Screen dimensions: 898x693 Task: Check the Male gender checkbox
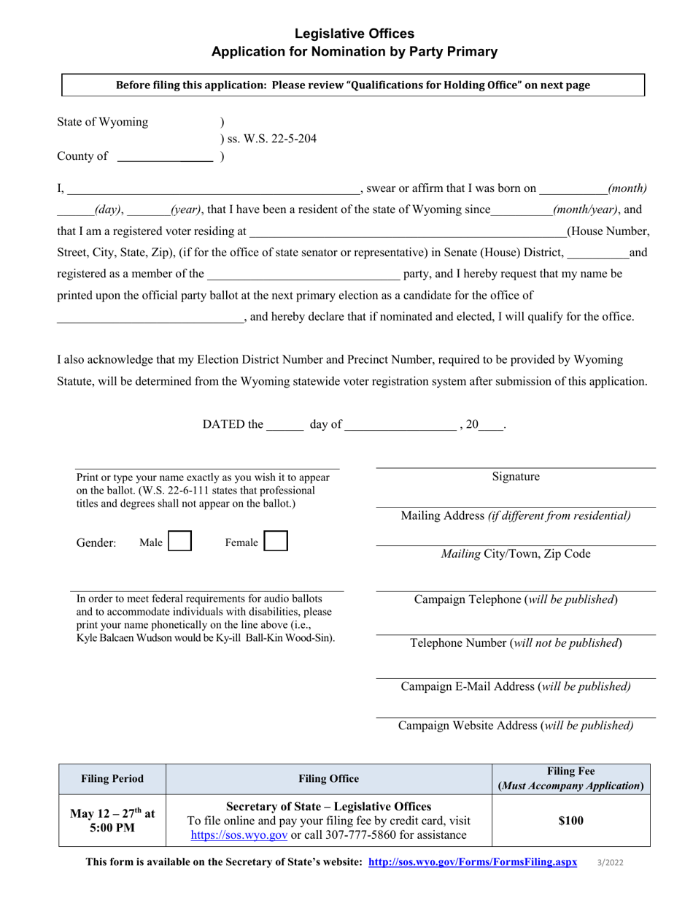coord(179,541)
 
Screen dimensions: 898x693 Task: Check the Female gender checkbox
coord(275,541)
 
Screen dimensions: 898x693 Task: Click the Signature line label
coord(516,477)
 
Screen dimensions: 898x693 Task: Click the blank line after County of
coord(165,156)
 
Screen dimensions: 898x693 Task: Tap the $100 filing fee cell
coord(570,821)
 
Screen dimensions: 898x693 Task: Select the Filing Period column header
coord(112,779)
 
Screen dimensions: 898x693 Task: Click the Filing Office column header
coord(329,779)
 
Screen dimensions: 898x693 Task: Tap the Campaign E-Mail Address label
coord(516,686)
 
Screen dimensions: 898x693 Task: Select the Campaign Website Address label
coord(516,726)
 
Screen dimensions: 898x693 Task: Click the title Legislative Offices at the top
coord(354,34)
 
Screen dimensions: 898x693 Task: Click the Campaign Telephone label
coord(516,599)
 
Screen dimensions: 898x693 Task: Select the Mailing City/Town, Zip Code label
coord(516,554)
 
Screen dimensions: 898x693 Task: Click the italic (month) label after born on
coord(627,188)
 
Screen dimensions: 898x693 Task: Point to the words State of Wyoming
coord(103,122)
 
